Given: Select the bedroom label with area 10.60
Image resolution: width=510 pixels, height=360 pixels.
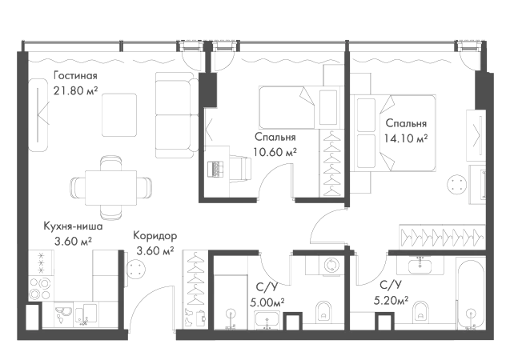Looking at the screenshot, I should (x=274, y=142).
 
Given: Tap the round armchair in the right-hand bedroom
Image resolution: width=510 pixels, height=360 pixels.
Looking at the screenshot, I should (x=453, y=186).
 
